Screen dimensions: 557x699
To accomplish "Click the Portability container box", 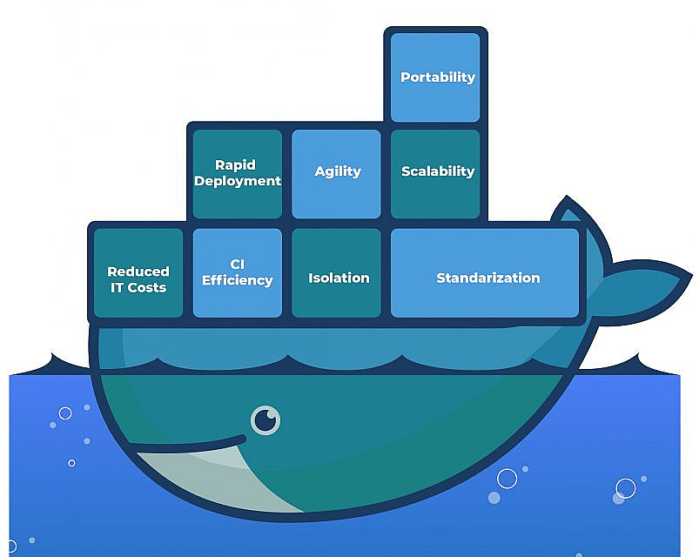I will pos(435,77).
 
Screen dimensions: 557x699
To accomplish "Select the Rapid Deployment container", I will pos(237,173).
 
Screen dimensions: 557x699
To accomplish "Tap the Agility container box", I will pos(336,173).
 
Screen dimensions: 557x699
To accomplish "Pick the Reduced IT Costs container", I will pos(138,272).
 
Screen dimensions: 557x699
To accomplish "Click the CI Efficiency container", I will pos(237,272).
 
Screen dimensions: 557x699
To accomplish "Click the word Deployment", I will pos(238,181).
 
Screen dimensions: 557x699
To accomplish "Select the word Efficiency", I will pos(238,280).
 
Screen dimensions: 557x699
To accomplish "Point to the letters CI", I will pos(238,264).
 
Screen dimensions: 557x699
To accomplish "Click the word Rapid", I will pos(235,164).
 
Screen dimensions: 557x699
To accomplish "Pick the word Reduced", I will pos(138,272).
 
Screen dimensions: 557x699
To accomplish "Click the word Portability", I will pos(438,77).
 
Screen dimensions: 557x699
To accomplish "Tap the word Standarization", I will pos(487,278).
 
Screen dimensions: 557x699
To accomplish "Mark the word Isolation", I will pos(339,278).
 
